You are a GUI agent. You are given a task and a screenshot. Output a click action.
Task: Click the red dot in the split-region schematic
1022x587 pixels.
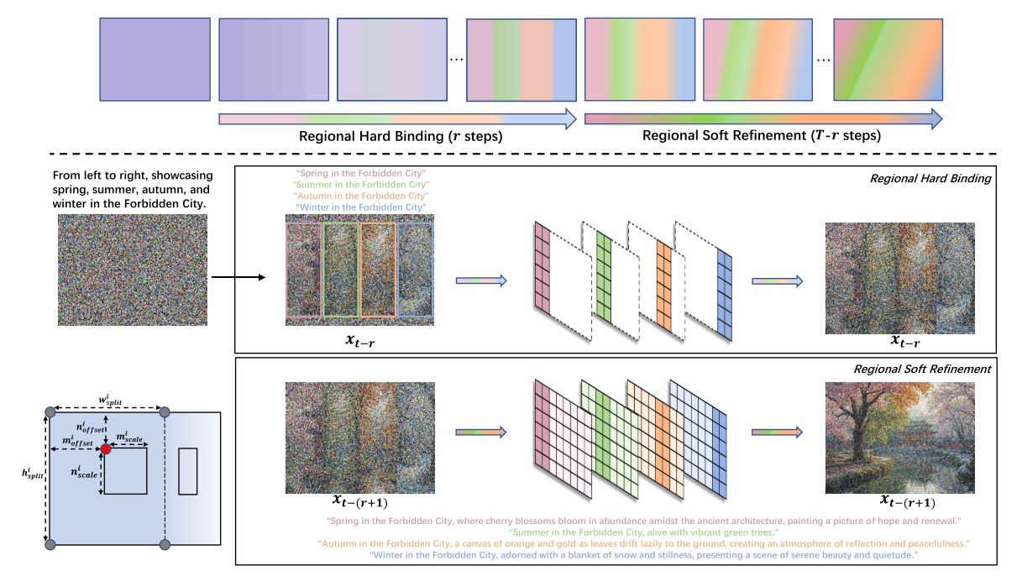coord(107,450)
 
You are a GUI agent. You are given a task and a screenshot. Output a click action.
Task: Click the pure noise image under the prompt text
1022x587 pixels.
coord(132,269)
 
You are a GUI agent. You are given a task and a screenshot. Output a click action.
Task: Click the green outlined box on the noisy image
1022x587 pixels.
coord(340,270)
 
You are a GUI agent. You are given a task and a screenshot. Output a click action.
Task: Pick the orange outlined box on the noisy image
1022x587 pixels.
coord(378,270)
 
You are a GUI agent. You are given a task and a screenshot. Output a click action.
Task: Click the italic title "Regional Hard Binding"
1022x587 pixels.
coord(930,178)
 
